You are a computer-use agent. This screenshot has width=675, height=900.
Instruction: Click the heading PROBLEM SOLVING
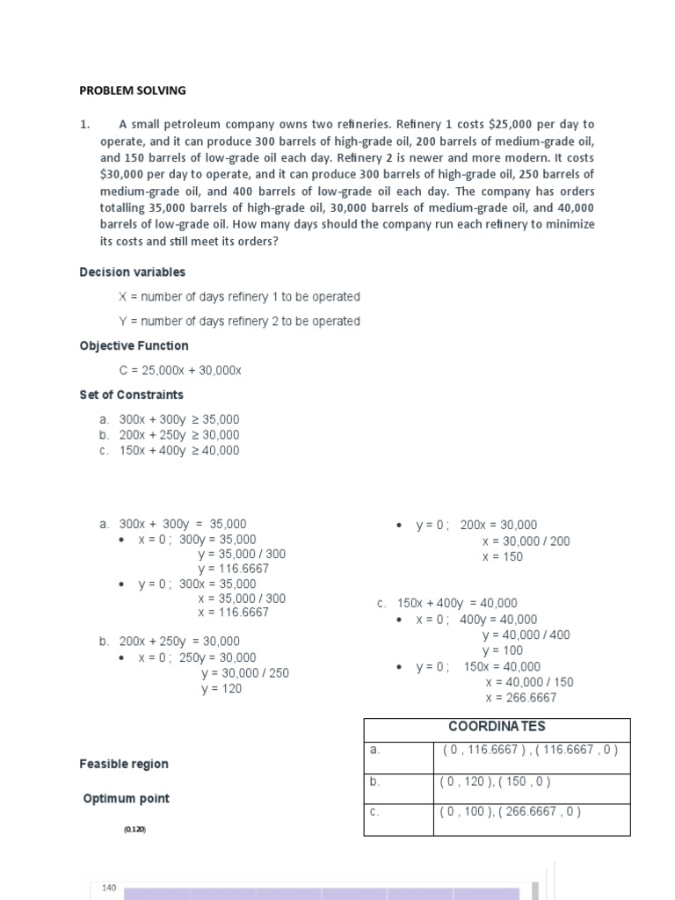pos(133,91)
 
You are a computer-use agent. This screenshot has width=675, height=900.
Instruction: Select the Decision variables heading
pos(133,272)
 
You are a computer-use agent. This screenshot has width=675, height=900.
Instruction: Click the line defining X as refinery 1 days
pos(239,297)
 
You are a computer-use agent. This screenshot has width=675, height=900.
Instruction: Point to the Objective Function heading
pos(134,346)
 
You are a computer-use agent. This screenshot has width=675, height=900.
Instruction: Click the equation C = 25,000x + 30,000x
pos(179,371)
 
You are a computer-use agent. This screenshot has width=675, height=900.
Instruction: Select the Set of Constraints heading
pos(131,396)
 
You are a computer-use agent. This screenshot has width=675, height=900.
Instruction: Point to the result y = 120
pos(221,689)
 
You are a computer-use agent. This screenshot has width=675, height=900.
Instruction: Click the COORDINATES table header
pos(497,727)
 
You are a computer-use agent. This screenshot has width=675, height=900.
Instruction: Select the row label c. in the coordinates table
pos(374,812)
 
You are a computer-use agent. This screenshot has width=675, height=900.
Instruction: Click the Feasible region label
pos(124,765)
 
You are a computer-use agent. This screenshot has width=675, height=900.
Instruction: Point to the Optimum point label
pos(127,799)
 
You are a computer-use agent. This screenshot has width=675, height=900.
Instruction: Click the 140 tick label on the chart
pos(109,889)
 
